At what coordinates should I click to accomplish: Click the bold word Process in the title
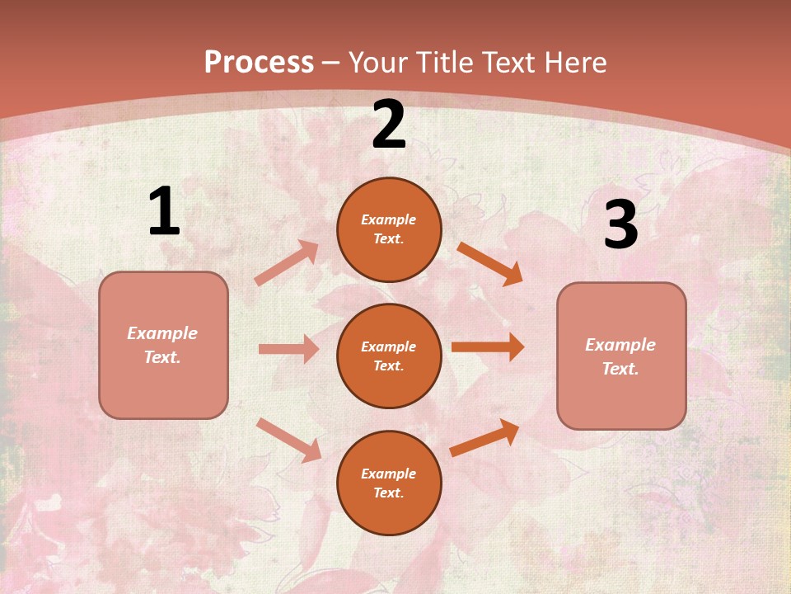(259, 62)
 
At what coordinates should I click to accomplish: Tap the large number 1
(164, 212)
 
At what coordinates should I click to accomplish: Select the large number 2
(389, 125)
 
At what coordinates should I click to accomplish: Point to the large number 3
(620, 224)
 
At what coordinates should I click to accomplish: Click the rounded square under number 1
(163, 345)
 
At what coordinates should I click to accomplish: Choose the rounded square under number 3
(621, 356)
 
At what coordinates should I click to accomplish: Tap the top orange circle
(389, 229)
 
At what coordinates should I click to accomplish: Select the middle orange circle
(389, 356)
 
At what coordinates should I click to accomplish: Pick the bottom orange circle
(389, 483)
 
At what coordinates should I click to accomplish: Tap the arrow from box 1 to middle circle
(288, 349)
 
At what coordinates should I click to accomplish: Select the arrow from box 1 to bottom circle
(288, 440)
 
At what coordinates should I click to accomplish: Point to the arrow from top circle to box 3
(489, 264)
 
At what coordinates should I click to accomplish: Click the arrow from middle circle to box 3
(488, 347)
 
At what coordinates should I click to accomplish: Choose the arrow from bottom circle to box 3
(485, 437)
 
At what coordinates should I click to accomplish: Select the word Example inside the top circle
(389, 219)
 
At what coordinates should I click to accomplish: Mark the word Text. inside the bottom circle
(389, 493)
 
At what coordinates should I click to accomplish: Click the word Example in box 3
(620, 345)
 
